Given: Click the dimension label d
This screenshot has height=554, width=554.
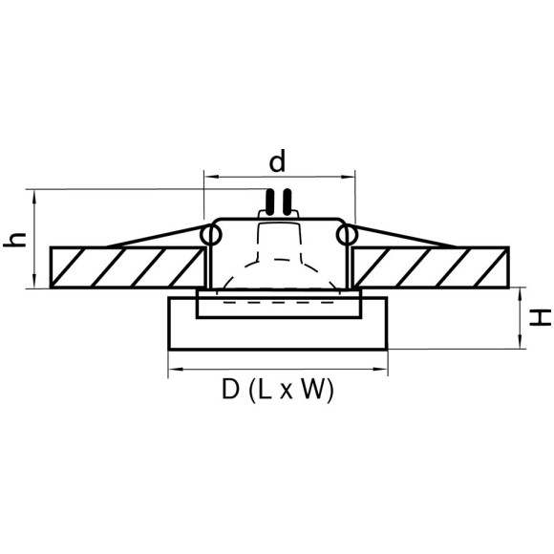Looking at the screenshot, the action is point(277,161).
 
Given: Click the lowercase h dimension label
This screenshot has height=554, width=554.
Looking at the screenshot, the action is point(15,240).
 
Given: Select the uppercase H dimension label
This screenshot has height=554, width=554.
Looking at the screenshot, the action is point(540,318).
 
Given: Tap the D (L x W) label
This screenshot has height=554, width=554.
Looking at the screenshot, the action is point(278,389).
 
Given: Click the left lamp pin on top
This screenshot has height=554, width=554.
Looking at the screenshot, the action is point(269,202).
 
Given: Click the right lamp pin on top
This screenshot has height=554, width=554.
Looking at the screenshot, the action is point(288,202).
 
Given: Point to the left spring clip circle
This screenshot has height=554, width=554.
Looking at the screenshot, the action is point(210,235).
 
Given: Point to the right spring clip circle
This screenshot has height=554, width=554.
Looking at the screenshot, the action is point(347,235).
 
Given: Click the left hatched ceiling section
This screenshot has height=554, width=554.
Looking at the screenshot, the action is point(127,267).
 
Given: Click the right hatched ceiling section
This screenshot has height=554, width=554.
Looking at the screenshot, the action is point(431,267).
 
